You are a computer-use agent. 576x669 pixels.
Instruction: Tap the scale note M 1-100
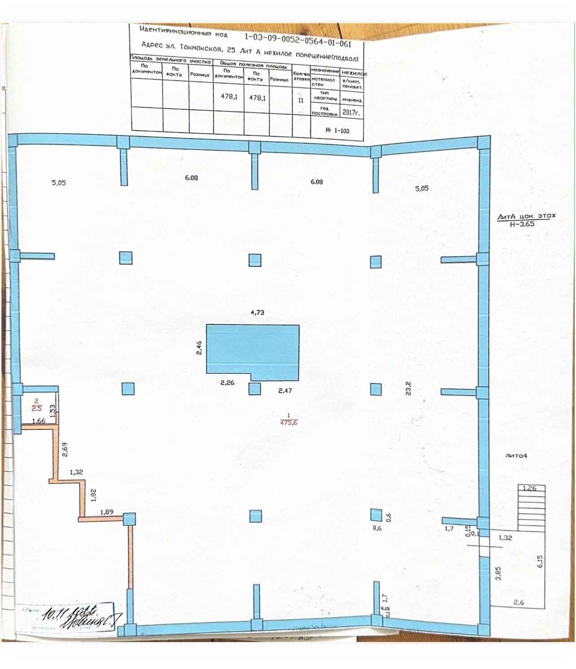(x=337, y=131)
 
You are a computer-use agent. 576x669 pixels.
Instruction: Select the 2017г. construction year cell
(x=350, y=112)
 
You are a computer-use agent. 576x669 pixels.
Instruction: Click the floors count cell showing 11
(x=301, y=101)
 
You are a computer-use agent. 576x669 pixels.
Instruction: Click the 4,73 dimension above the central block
(x=257, y=313)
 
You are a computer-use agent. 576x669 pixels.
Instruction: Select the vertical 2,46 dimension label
(x=199, y=348)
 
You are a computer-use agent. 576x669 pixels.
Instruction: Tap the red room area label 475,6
(x=288, y=422)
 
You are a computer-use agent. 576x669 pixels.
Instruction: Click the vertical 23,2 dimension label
(x=408, y=388)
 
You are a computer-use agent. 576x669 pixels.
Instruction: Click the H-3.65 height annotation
(x=522, y=224)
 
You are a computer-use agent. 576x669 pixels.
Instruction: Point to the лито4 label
(x=516, y=455)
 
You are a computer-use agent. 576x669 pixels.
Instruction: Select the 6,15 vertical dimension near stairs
(x=540, y=561)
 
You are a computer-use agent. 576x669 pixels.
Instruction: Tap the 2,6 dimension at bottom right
(x=518, y=603)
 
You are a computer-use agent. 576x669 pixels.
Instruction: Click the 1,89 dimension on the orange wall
(x=107, y=512)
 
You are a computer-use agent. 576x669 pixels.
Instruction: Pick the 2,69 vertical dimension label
(x=65, y=449)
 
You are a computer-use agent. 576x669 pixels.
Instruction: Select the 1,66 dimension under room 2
(x=39, y=421)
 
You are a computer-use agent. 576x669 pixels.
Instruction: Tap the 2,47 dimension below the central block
(x=285, y=391)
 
